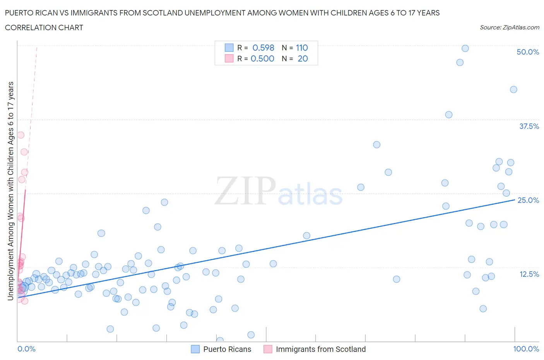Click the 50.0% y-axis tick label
(x=527, y=52)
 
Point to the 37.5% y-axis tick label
(x=529, y=126)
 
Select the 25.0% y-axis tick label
(x=528, y=200)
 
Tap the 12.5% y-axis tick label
(x=529, y=274)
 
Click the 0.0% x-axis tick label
(x=26, y=349)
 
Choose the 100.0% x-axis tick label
(x=526, y=349)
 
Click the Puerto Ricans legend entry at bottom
(x=227, y=349)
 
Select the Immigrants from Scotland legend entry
(x=320, y=349)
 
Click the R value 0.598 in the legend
(x=263, y=48)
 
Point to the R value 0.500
(x=262, y=58)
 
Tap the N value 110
(x=302, y=48)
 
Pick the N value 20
(x=303, y=58)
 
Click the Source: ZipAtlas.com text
(x=509, y=27)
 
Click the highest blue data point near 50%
(x=465, y=48)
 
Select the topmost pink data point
(x=21, y=135)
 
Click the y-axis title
(x=10, y=191)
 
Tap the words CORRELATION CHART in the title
(x=44, y=27)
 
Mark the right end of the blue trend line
(x=515, y=200)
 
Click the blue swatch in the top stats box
(x=229, y=48)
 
